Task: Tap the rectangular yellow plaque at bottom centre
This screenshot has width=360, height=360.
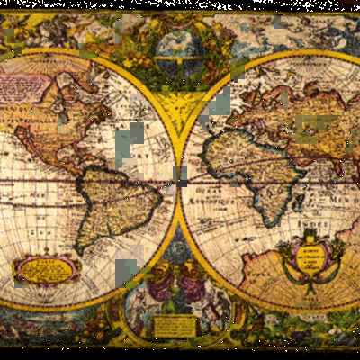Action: point(175,326)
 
